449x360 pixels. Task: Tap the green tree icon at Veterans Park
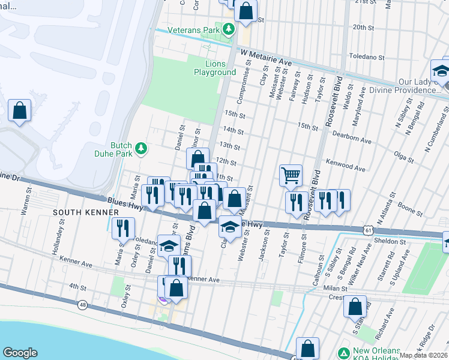tap(228, 29)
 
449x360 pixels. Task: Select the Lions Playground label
tap(215, 68)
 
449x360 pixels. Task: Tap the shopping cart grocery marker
tap(291, 175)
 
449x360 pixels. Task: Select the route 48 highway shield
tap(82, 305)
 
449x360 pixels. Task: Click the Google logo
tap(20, 353)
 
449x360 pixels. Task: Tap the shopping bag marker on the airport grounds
tap(20, 110)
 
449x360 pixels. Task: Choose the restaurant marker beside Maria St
tap(123, 228)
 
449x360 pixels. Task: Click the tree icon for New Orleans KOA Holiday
tap(343, 353)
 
